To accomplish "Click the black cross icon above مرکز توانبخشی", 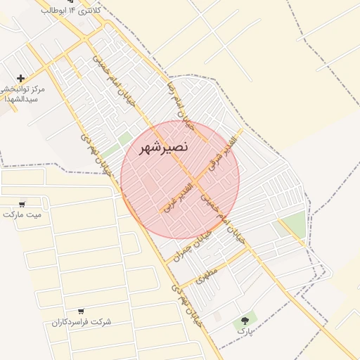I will [x=21, y=78].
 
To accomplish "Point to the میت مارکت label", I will [x=22, y=214].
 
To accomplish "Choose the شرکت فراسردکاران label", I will [x=82, y=322].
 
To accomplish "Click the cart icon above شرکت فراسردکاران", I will [x=82, y=311].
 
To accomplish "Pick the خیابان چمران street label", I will [x=199, y=242].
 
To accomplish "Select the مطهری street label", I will [x=210, y=273].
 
